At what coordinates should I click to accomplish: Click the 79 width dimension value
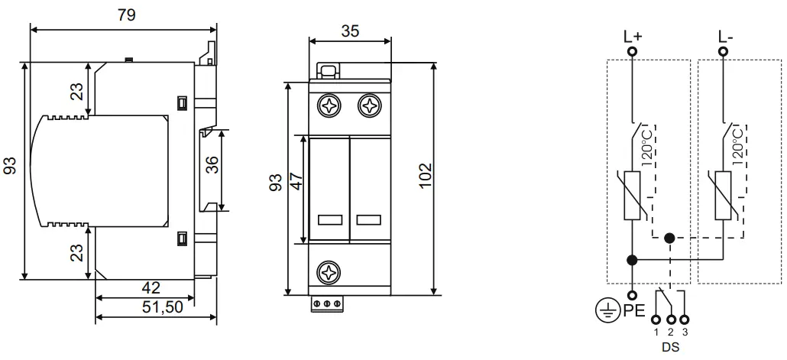127,15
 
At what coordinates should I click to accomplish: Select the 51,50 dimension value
162,307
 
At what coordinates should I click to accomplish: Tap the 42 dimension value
151,287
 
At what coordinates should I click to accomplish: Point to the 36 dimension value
213,164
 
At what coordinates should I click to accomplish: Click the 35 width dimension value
351,31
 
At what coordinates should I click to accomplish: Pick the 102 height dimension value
425,175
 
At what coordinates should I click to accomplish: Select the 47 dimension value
298,181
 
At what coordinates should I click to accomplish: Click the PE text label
634,311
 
